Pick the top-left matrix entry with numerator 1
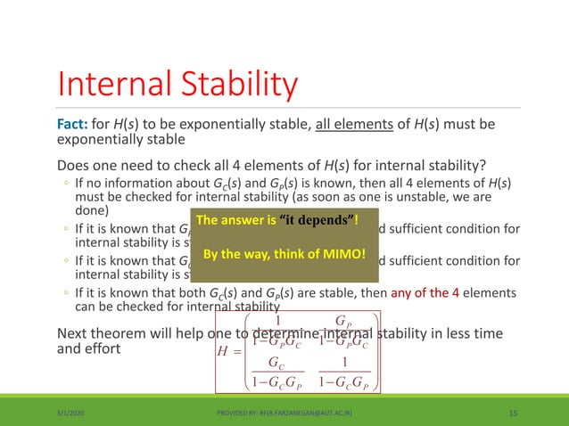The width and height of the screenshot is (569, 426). [277, 332]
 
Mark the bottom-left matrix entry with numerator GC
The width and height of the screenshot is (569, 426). [277, 373]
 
